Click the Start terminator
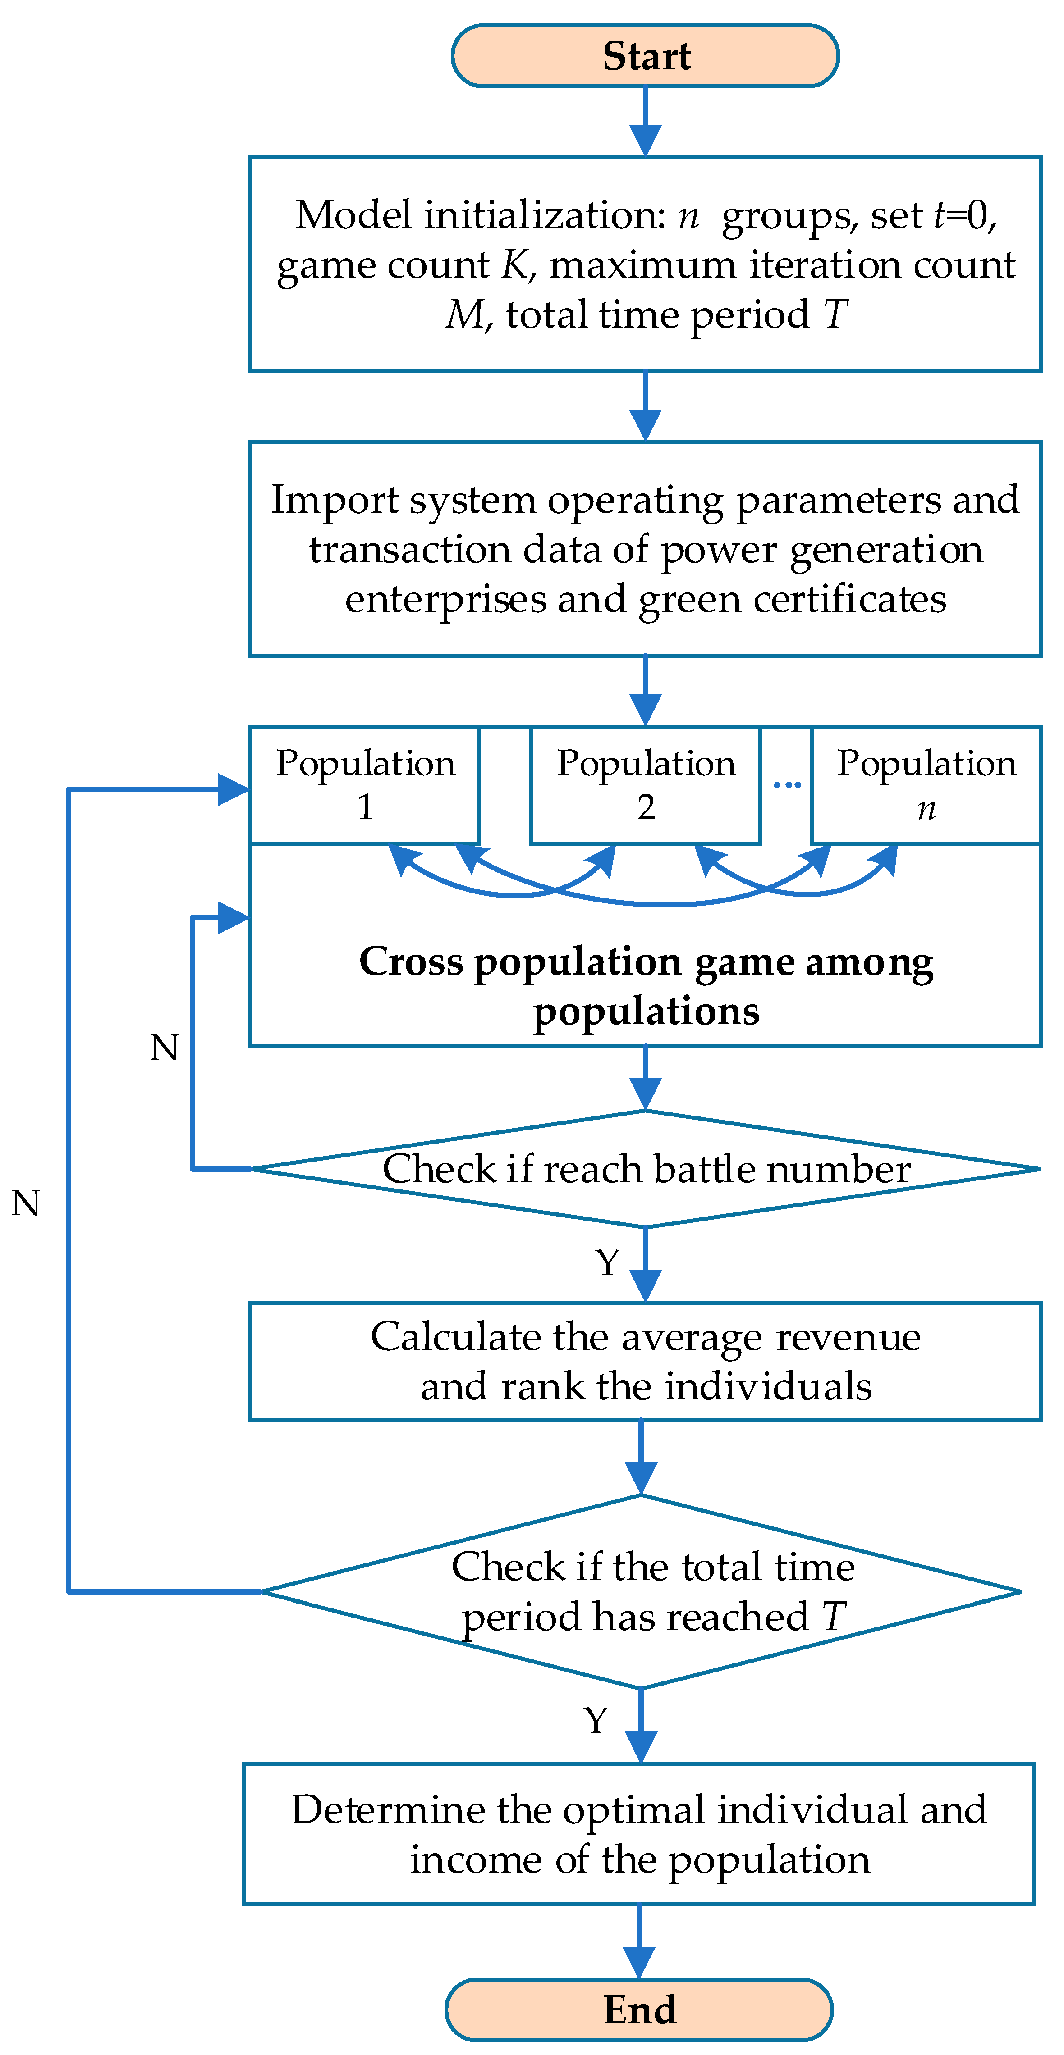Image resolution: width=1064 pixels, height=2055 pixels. (645, 56)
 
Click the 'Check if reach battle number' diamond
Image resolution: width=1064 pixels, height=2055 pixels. (645, 1169)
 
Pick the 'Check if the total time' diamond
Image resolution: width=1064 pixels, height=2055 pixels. (642, 1591)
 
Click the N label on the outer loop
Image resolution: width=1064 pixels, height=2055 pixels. (26, 1202)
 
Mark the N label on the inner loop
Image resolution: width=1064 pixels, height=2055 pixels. (165, 1048)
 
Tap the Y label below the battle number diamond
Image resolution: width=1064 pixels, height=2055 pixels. (607, 1263)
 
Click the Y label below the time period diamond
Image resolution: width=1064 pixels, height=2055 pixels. (596, 1721)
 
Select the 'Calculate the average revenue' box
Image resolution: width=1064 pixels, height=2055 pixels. (645, 1361)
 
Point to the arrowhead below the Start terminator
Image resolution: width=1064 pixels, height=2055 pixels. (645, 141)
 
